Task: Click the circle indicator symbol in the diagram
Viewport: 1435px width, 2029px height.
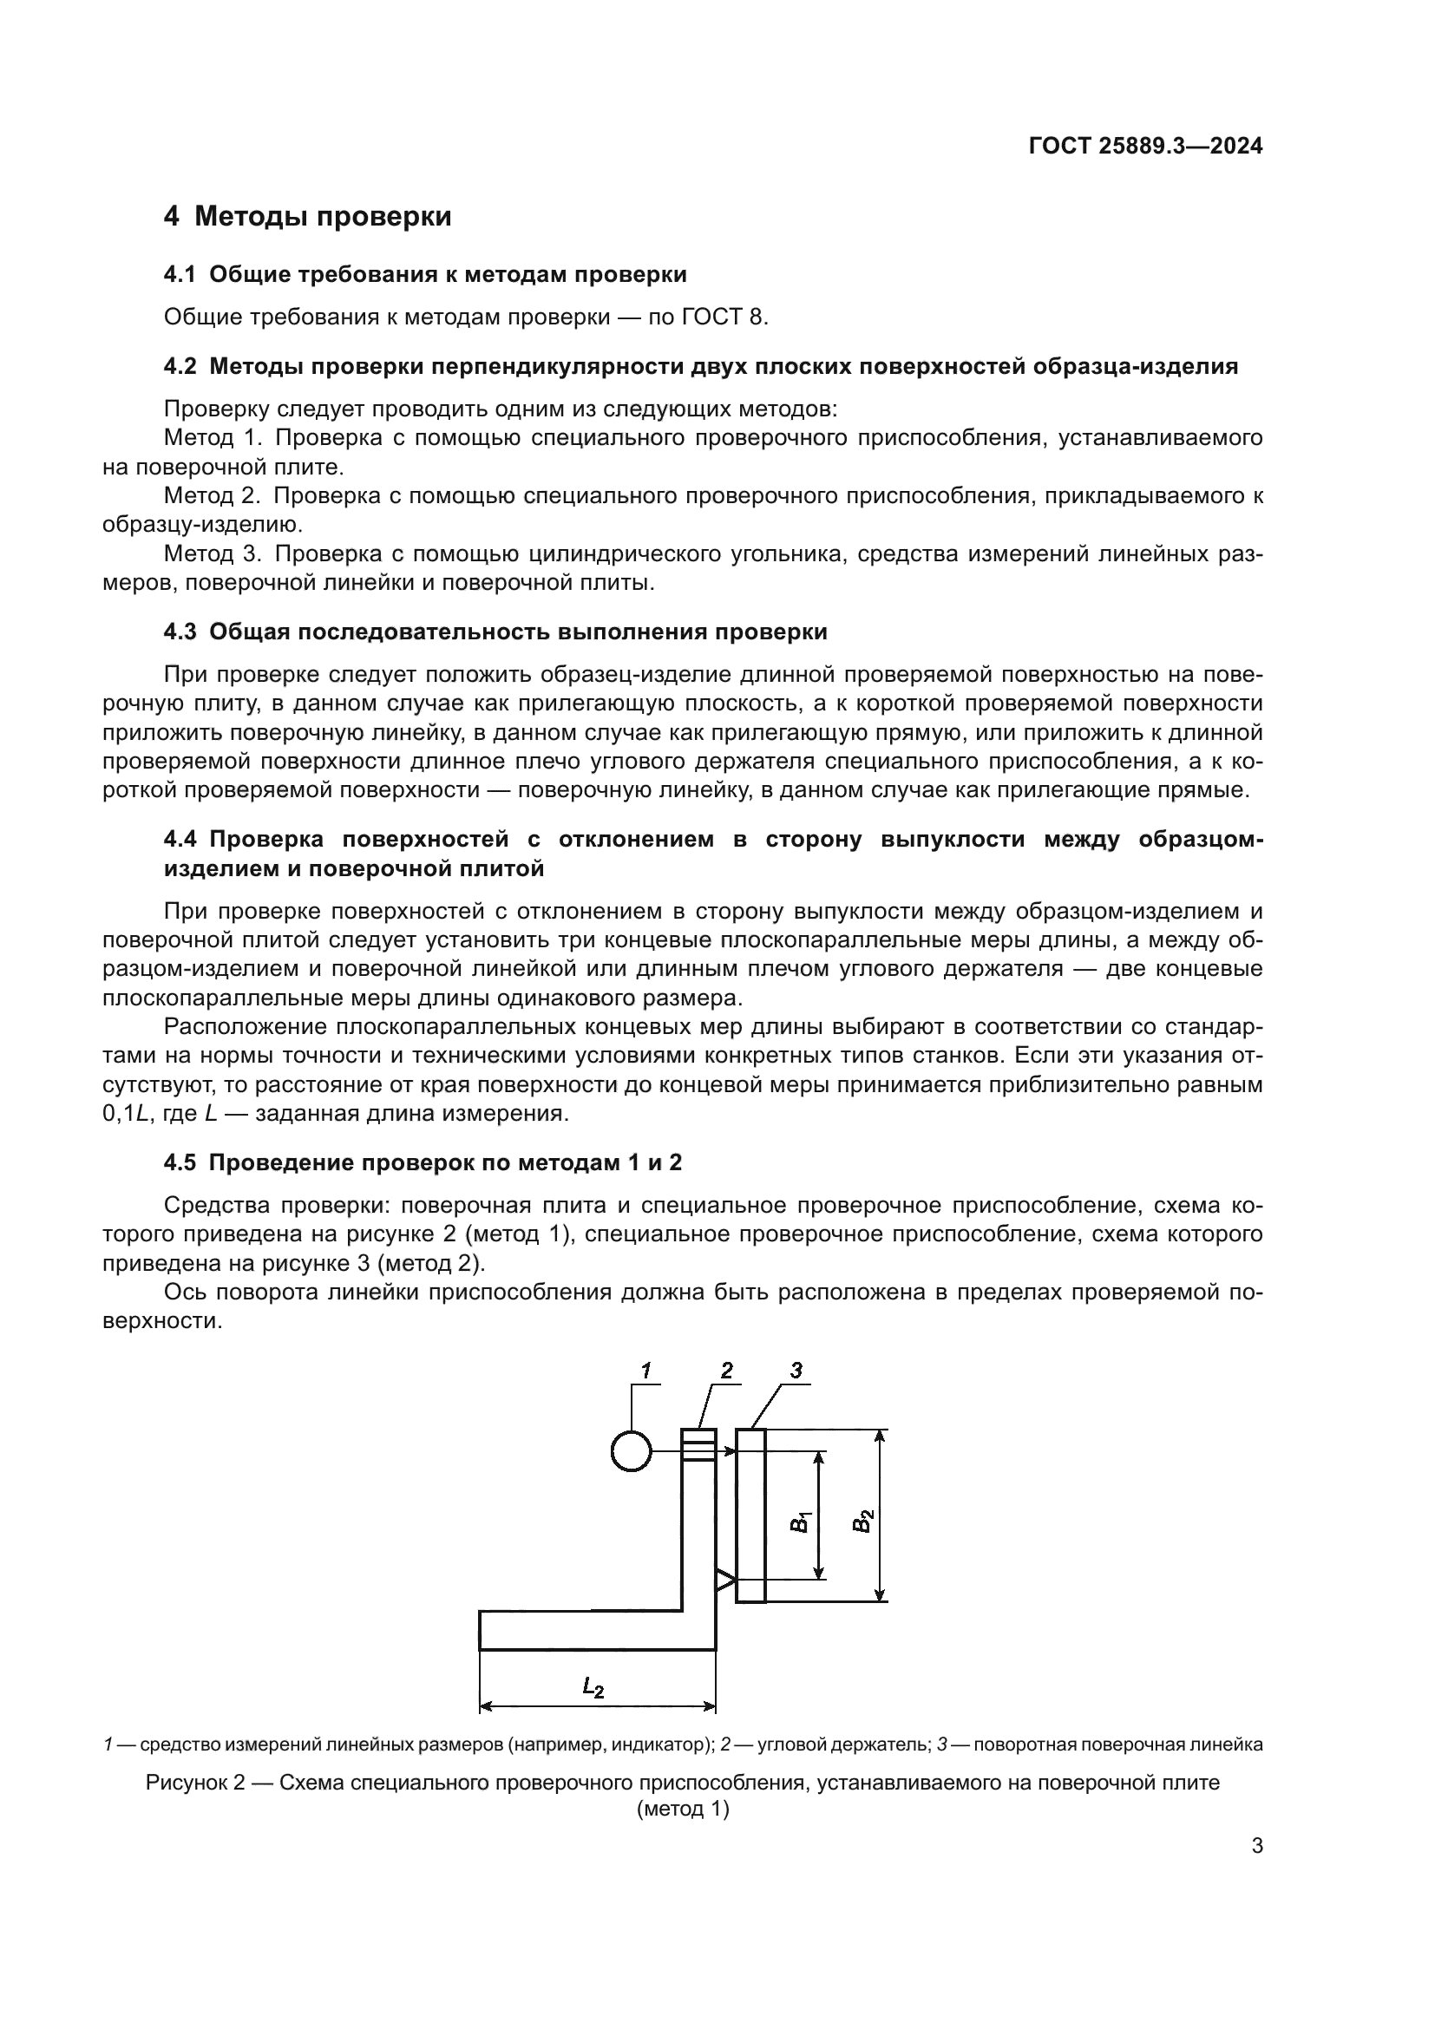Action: coord(631,1451)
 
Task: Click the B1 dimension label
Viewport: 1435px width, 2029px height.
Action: coord(800,1522)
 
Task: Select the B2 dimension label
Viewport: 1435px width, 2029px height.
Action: coord(863,1522)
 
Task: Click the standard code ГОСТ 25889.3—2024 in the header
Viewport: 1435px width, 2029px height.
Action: coord(1145,147)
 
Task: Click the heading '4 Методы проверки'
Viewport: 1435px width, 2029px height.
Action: coord(307,217)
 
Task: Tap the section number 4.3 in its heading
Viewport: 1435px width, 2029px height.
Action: coord(180,632)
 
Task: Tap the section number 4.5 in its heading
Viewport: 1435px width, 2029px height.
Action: coord(180,1162)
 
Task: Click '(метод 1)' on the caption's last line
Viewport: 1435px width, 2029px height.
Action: coord(682,1810)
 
